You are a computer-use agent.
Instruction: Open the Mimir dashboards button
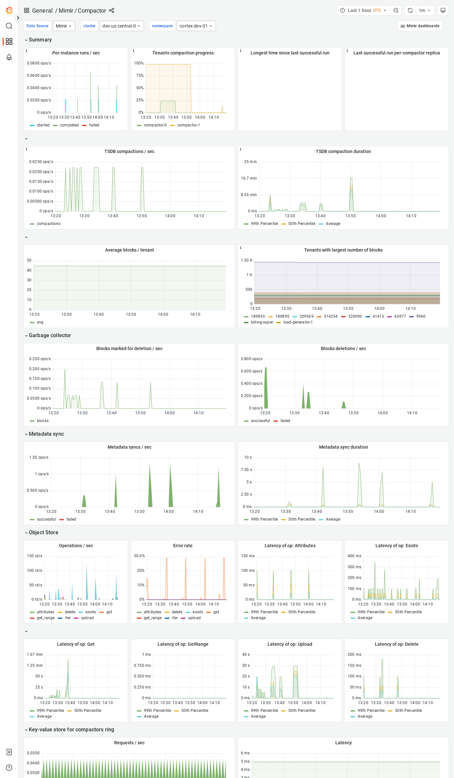(420, 26)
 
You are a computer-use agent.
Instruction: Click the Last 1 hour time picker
(363, 10)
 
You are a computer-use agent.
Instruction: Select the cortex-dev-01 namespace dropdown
(196, 26)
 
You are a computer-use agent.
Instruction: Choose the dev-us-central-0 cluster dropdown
(121, 26)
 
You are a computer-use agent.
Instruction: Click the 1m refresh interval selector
(424, 10)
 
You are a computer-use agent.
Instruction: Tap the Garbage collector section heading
(50, 335)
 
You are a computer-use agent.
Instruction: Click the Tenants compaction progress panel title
(183, 53)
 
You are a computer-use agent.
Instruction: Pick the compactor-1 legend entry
(188, 125)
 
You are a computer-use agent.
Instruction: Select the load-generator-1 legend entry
(298, 322)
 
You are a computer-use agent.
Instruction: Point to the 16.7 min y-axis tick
(249, 178)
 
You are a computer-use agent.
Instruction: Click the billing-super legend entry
(262, 322)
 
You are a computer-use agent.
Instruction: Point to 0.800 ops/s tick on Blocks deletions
(252, 359)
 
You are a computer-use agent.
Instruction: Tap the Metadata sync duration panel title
(343, 447)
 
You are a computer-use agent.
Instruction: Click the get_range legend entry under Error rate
(152, 618)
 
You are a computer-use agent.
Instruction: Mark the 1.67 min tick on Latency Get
(35, 654)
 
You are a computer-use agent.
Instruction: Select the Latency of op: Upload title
(290, 644)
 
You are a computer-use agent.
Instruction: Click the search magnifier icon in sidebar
(9, 26)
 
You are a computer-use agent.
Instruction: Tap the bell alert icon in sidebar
(9, 57)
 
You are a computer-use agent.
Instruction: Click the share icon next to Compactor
(112, 10)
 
